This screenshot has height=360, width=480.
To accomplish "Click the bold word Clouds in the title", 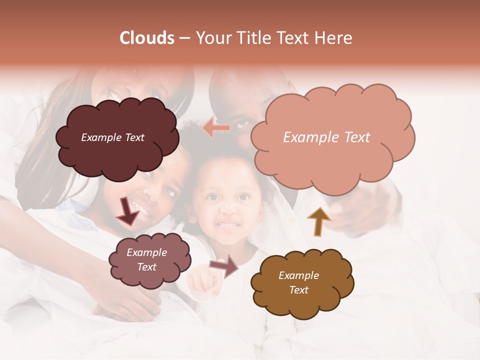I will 147,38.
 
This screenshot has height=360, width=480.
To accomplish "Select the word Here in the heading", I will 333,38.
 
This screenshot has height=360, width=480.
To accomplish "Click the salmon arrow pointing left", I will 216,128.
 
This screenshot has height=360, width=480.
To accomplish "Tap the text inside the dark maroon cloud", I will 112,137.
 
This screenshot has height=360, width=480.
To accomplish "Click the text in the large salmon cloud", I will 326,137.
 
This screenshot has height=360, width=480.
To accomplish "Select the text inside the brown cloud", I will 298,282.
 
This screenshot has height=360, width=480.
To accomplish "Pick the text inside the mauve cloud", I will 146,259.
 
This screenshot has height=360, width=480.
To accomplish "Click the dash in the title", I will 183,38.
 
